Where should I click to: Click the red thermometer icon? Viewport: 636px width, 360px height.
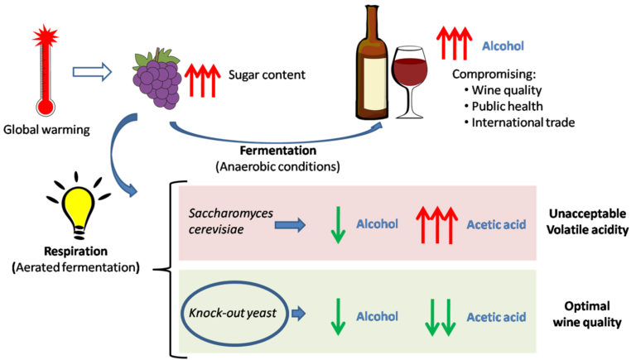pyautogui.click(x=44, y=74)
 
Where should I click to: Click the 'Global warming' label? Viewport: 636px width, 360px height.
pyautogui.click(x=43, y=129)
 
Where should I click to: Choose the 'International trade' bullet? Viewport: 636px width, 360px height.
pyautogui.click(x=523, y=122)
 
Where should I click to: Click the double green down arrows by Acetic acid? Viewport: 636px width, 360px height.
pyautogui.click(x=438, y=316)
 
